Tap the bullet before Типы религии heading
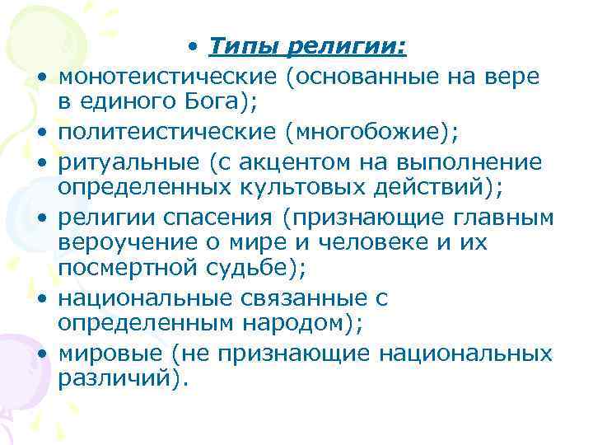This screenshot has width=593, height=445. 191,49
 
